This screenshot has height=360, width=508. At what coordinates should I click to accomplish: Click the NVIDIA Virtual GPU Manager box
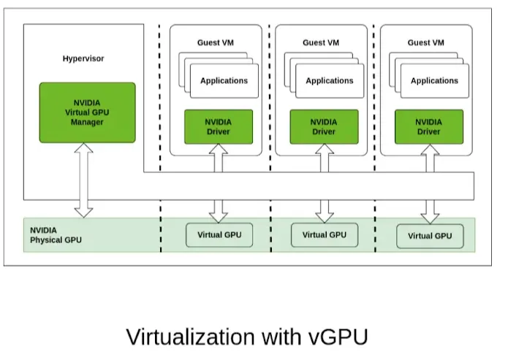(87, 112)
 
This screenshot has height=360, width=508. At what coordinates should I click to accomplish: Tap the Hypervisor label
(83, 58)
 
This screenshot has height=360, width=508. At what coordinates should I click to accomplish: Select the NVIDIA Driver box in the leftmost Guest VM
(219, 127)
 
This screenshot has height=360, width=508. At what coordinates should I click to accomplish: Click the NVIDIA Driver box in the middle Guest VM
(324, 127)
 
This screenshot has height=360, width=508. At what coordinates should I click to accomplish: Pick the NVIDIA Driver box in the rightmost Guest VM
(429, 127)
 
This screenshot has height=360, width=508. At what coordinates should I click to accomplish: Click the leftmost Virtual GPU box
(219, 235)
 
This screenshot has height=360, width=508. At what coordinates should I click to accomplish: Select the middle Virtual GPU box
(324, 235)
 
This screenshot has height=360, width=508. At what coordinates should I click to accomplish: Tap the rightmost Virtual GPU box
(430, 236)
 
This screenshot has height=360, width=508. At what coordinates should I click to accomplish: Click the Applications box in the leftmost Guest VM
(224, 81)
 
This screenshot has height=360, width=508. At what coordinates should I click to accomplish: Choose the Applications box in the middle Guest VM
(329, 81)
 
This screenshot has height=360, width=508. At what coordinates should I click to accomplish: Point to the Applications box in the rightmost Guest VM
(434, 81)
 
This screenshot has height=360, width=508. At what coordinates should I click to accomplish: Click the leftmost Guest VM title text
(218, 43)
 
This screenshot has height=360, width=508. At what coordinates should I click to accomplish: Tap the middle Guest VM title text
(323, 43)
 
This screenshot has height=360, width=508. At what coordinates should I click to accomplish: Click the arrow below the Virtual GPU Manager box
(84, 180)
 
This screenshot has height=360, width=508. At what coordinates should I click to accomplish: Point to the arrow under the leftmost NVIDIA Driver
(218, 183)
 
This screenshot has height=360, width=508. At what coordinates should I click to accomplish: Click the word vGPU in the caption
(336, 337)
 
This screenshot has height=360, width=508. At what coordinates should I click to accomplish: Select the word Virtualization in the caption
(189, 337)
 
